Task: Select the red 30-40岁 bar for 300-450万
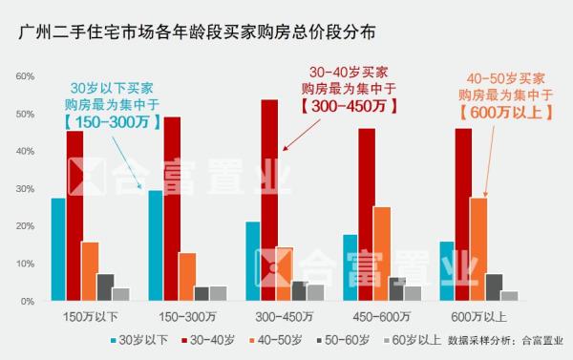click(269, 201)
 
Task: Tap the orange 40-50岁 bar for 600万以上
click(478, 249)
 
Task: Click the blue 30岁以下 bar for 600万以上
click(447, 271)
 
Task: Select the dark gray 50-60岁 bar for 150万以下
click(106, 287)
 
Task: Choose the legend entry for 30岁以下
click(143, 340)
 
